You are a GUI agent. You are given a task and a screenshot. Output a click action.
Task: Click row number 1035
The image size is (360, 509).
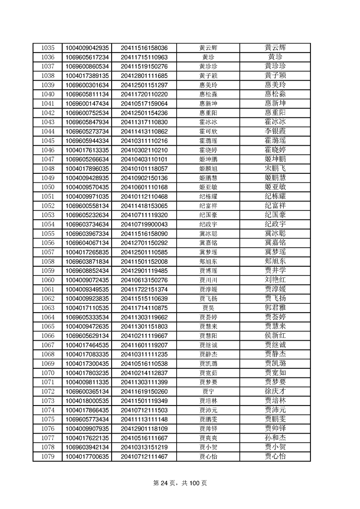(48, 48)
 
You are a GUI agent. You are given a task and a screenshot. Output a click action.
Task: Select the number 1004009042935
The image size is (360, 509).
(87, 48)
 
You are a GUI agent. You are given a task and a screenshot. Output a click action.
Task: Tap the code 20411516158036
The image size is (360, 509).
(144, 48)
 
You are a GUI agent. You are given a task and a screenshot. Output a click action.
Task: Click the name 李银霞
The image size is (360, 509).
(275, 131)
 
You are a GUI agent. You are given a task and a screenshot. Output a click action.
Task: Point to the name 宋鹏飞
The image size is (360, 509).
(275, 168)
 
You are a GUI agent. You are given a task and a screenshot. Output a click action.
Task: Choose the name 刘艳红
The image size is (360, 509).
(275, 279)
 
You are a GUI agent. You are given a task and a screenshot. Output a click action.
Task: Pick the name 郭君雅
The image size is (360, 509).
(275, 308)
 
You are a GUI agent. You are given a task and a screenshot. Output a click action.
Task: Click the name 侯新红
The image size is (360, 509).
(275, 335)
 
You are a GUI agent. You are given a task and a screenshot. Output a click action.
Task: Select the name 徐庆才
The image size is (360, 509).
(275, 391)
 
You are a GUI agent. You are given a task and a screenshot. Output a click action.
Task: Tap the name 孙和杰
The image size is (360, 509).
(275, 437)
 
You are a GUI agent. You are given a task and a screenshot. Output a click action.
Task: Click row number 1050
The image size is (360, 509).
(48, 187)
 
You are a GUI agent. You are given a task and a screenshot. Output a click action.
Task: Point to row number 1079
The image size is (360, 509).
(48, 456)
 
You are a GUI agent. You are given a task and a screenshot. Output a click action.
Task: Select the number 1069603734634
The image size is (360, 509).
(87, 224)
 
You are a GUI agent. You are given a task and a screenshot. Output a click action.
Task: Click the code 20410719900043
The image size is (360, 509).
(144, 224)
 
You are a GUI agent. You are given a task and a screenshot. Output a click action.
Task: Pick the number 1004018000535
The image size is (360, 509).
(87, 400)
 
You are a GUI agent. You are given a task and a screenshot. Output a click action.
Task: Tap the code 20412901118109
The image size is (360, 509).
(144, 428)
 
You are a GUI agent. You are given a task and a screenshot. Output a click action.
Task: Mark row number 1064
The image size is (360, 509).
(48, 317)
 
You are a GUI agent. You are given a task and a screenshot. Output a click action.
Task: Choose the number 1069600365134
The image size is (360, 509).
(87, 391)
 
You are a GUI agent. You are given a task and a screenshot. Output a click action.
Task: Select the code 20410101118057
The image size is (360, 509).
(144, 168)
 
